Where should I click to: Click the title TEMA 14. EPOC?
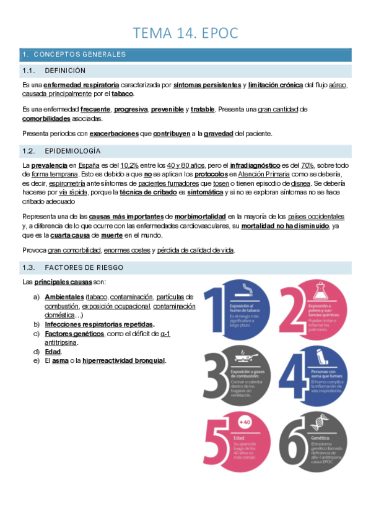185,32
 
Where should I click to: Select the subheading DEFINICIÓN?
65,71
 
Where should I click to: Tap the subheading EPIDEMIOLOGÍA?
73,151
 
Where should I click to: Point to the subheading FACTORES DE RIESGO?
84,267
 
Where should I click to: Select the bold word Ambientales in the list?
64,297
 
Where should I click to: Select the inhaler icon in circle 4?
323,357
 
